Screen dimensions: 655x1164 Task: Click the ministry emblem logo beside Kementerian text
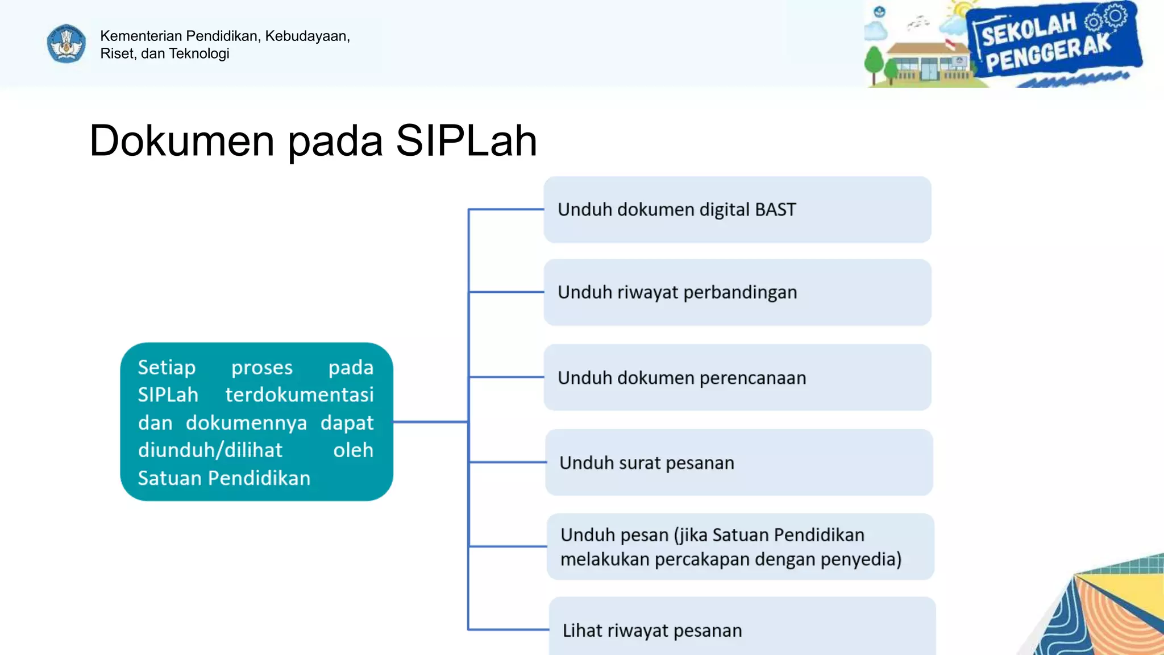pos(66,44)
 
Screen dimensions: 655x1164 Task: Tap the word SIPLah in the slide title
pos(466,140)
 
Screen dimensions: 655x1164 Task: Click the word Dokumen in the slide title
pos(182,140)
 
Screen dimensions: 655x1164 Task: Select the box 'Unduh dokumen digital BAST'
pos(737,210)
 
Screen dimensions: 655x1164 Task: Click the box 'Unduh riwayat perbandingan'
pos(737,292)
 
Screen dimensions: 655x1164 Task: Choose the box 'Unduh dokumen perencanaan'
pos(737,378)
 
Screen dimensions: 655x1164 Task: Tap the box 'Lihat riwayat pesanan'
pos(741,629)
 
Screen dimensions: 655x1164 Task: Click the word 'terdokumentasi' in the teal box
pos(300,395)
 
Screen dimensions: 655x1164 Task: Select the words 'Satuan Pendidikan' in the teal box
pos(224,478)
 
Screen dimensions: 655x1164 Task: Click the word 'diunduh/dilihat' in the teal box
pos(210,450)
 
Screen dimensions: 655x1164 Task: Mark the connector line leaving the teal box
pos(430,422)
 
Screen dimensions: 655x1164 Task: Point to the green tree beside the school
pos(874,63)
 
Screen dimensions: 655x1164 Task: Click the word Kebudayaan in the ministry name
pos(306,36)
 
